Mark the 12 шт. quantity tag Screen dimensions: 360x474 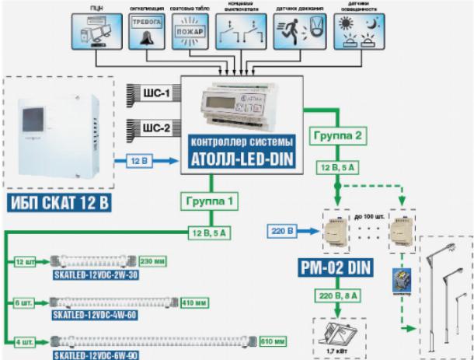(x=26, y=261)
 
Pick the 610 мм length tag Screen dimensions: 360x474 (x=271, y=341)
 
